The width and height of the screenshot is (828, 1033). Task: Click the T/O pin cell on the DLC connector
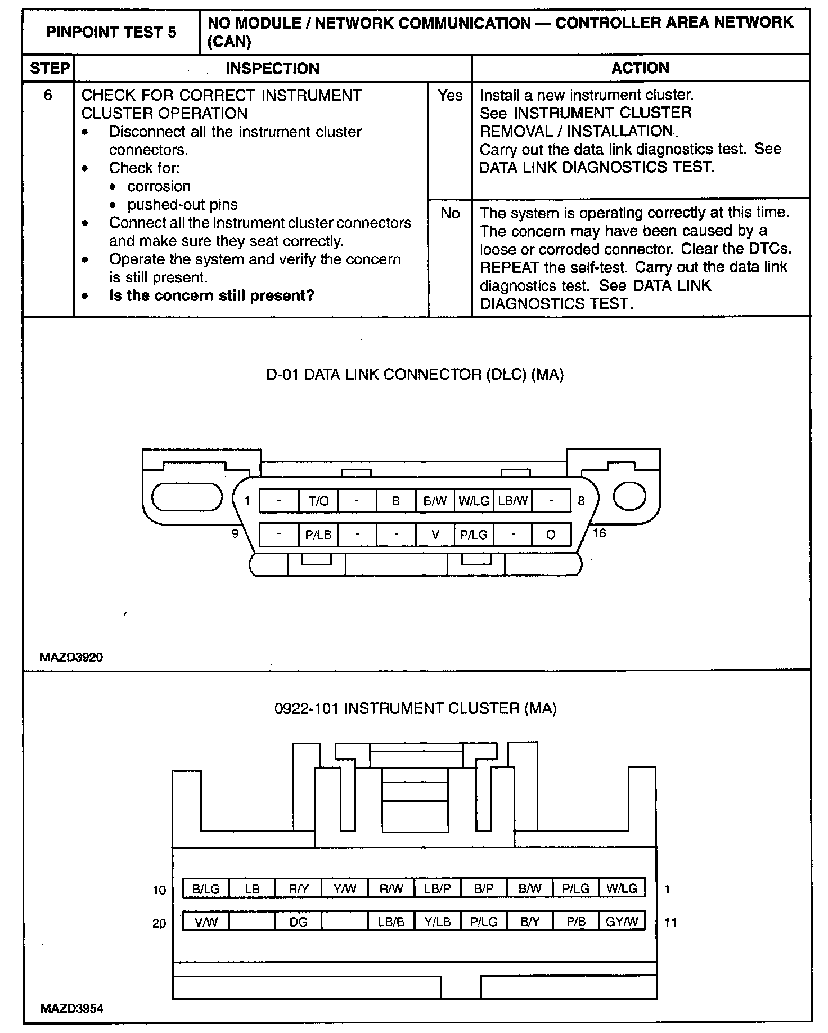pos(318,501)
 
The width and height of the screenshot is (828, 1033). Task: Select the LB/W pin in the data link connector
pos(512,500)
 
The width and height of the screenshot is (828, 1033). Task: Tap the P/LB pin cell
pos(318,535)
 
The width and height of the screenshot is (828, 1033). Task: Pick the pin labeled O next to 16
pos(551,535)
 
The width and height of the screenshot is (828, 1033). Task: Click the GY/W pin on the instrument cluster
pos(622,921)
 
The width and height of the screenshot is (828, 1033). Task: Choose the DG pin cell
pos(298,922)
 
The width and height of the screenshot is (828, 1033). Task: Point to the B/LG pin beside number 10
pos(206,888)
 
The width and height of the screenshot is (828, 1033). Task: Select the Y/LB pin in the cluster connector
pos(437,922)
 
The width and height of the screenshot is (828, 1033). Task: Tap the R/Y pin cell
pos(298,888)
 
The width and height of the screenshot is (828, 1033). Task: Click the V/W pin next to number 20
pos(206,922)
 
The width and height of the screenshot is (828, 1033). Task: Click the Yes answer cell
pos(450,96)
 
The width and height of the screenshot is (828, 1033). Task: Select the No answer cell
pos(450,213)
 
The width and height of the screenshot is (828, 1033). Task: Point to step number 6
pos(48,96)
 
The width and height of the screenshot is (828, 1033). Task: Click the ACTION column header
pos(640,68)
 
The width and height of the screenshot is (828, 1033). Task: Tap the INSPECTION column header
pos(272,69)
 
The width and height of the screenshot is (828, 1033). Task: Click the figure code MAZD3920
pos(71,657)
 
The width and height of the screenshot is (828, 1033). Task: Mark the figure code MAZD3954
pos(71,1009)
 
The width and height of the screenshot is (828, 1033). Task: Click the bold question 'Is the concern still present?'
pos(211,295)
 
